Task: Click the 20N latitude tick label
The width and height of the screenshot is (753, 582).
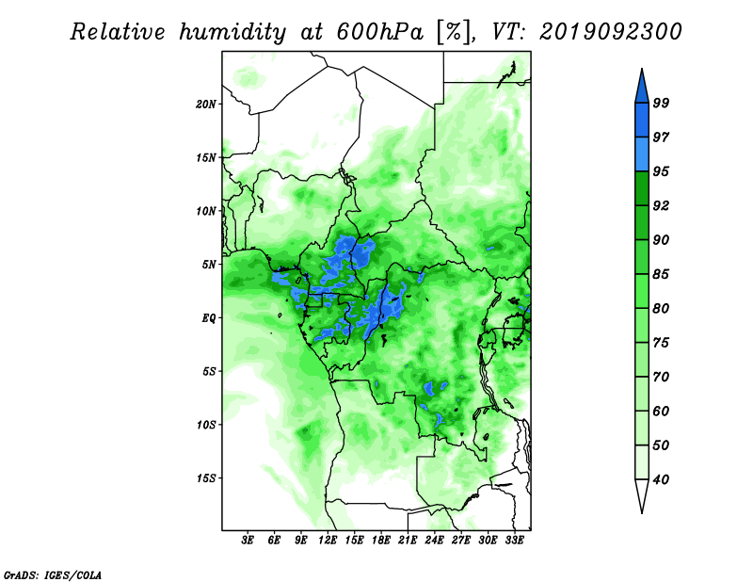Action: click(206, 105)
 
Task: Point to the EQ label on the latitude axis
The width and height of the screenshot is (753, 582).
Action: click(208, 318)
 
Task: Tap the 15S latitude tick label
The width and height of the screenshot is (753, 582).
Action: click(206, 478)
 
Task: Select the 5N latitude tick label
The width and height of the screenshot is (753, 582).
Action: click(209, 265)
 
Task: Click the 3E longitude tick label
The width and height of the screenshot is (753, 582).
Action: click(248, 541)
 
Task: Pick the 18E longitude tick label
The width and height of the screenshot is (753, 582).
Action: click(381, 541)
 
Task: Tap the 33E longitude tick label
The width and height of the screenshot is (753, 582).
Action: click(514, 541)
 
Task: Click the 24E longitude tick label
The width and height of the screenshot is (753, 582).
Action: click(434, 541)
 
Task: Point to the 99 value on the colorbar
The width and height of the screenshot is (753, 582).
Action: click(661, 103)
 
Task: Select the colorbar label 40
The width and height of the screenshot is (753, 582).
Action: click(661, 479)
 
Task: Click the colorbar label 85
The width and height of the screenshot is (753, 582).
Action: click(661, 274)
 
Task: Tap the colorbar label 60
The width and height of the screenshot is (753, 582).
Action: click(661, 411)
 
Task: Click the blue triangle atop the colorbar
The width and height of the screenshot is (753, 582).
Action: click(642, 89)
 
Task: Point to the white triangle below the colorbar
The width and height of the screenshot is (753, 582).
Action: click(642, 493)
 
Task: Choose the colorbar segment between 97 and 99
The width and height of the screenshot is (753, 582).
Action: click(642, 121)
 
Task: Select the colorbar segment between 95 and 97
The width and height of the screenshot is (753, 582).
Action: click(642, 154)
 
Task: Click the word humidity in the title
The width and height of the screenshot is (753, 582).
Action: click(232, 33)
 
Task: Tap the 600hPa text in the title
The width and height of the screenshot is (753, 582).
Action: click(380, 32)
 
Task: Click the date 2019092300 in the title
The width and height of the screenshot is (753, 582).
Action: click(610, 32)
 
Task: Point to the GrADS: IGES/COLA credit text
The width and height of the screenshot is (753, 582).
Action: click(53, 574)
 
